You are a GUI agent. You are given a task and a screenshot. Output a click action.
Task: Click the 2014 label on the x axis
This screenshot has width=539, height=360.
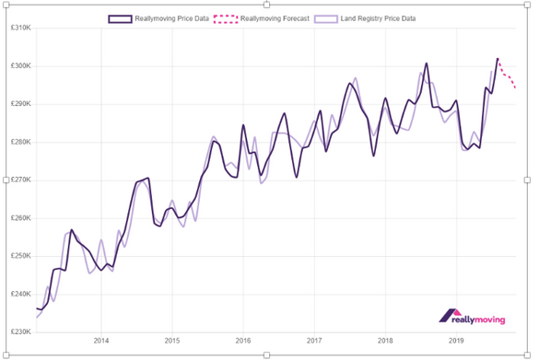[100, 339]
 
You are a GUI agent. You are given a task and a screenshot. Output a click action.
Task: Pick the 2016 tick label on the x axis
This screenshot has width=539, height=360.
[243, 339]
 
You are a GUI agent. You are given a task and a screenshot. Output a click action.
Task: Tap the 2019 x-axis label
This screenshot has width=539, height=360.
[456, 339]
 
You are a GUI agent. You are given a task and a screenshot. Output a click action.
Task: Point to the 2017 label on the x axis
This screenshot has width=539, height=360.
[314, 339]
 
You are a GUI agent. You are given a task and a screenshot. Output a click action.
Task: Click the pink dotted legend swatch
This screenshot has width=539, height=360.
[226, 17]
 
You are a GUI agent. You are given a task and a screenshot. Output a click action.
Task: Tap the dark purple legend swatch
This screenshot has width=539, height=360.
[120, 17]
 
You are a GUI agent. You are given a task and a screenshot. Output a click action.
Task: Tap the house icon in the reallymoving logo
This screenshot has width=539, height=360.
[451, 315]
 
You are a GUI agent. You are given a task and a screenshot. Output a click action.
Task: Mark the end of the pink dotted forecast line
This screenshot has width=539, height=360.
[516, 88]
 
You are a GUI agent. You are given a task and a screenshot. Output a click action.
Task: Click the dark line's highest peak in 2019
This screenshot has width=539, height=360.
[498, 59]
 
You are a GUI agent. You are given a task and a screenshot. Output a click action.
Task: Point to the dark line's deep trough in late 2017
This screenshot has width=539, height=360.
[373, 156]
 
